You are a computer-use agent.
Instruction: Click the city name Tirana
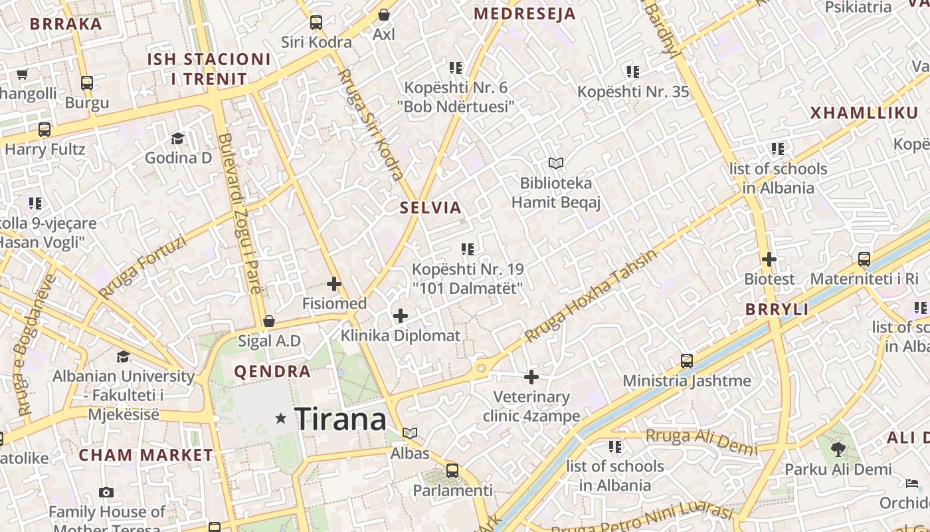(x=340, y=419)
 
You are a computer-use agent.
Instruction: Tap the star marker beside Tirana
(x=281, y=418)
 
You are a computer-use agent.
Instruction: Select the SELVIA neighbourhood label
(x=430, y=207)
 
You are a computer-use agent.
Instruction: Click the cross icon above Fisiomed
(x=334, y=285)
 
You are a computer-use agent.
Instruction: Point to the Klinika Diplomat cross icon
(x=401, y=316)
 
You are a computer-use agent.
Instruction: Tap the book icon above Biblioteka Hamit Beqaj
(x=556, y=163)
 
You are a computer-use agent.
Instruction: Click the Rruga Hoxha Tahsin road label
(x=591, y=296)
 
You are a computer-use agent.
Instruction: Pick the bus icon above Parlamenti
(x=452, y=471)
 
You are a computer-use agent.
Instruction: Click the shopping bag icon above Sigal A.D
(x=269, y=321)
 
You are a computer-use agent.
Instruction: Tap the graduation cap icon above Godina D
(x=177, y=138)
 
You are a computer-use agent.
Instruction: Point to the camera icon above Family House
(x=106, y=493)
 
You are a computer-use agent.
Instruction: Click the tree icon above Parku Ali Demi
(x=838, y=450)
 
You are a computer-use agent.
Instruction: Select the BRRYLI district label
(x=777, y=309)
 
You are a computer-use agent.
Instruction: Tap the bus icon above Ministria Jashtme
(x=687, y=361)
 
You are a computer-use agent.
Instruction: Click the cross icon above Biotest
(x=769, y=259)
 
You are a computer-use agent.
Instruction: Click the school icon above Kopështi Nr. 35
(x=632, y=71)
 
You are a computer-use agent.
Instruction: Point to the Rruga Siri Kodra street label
(x=371, y=124)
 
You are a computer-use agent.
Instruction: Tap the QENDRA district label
(x=272, y=372)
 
